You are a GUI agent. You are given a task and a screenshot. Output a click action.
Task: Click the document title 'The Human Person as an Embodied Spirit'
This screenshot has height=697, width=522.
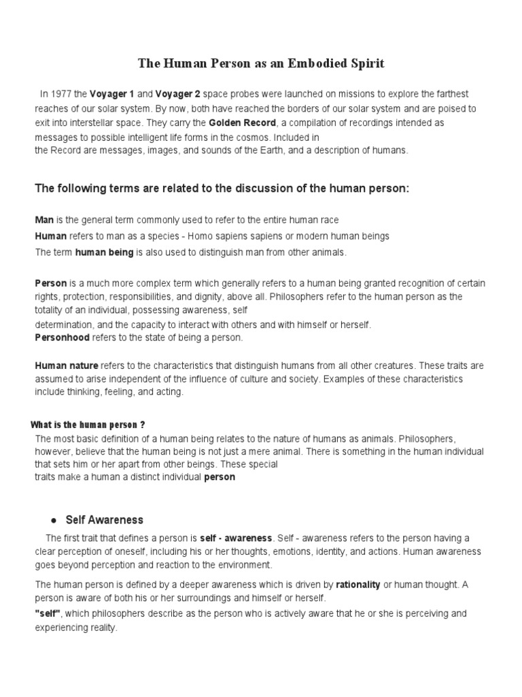pyautogui.click(x=261, y=64)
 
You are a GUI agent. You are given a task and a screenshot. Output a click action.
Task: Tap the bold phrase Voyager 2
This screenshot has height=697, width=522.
pyautogui.click(x=179, y=94)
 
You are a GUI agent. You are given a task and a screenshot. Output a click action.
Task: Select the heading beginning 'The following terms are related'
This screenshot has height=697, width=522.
pyautogui.click(x=222, y=188)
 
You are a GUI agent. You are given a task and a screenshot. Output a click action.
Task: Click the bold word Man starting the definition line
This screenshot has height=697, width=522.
pyautogui.click(x=43, y=220)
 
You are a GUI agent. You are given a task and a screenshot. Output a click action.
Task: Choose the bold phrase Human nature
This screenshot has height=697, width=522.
pyautogui.click(x=67, y=365)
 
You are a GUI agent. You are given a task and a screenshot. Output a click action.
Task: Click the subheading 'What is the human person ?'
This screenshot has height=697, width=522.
pyautogui.click(x=89, y=425)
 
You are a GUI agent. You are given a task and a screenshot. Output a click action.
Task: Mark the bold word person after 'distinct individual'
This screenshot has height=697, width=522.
pyautogui.click(x=220, y=477)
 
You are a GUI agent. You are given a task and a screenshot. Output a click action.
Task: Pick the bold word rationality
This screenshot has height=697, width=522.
pyautogui.click(x=358, y=584)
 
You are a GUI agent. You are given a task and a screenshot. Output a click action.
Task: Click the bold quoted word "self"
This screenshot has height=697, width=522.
pyautogui.click(x=48, y=613)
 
